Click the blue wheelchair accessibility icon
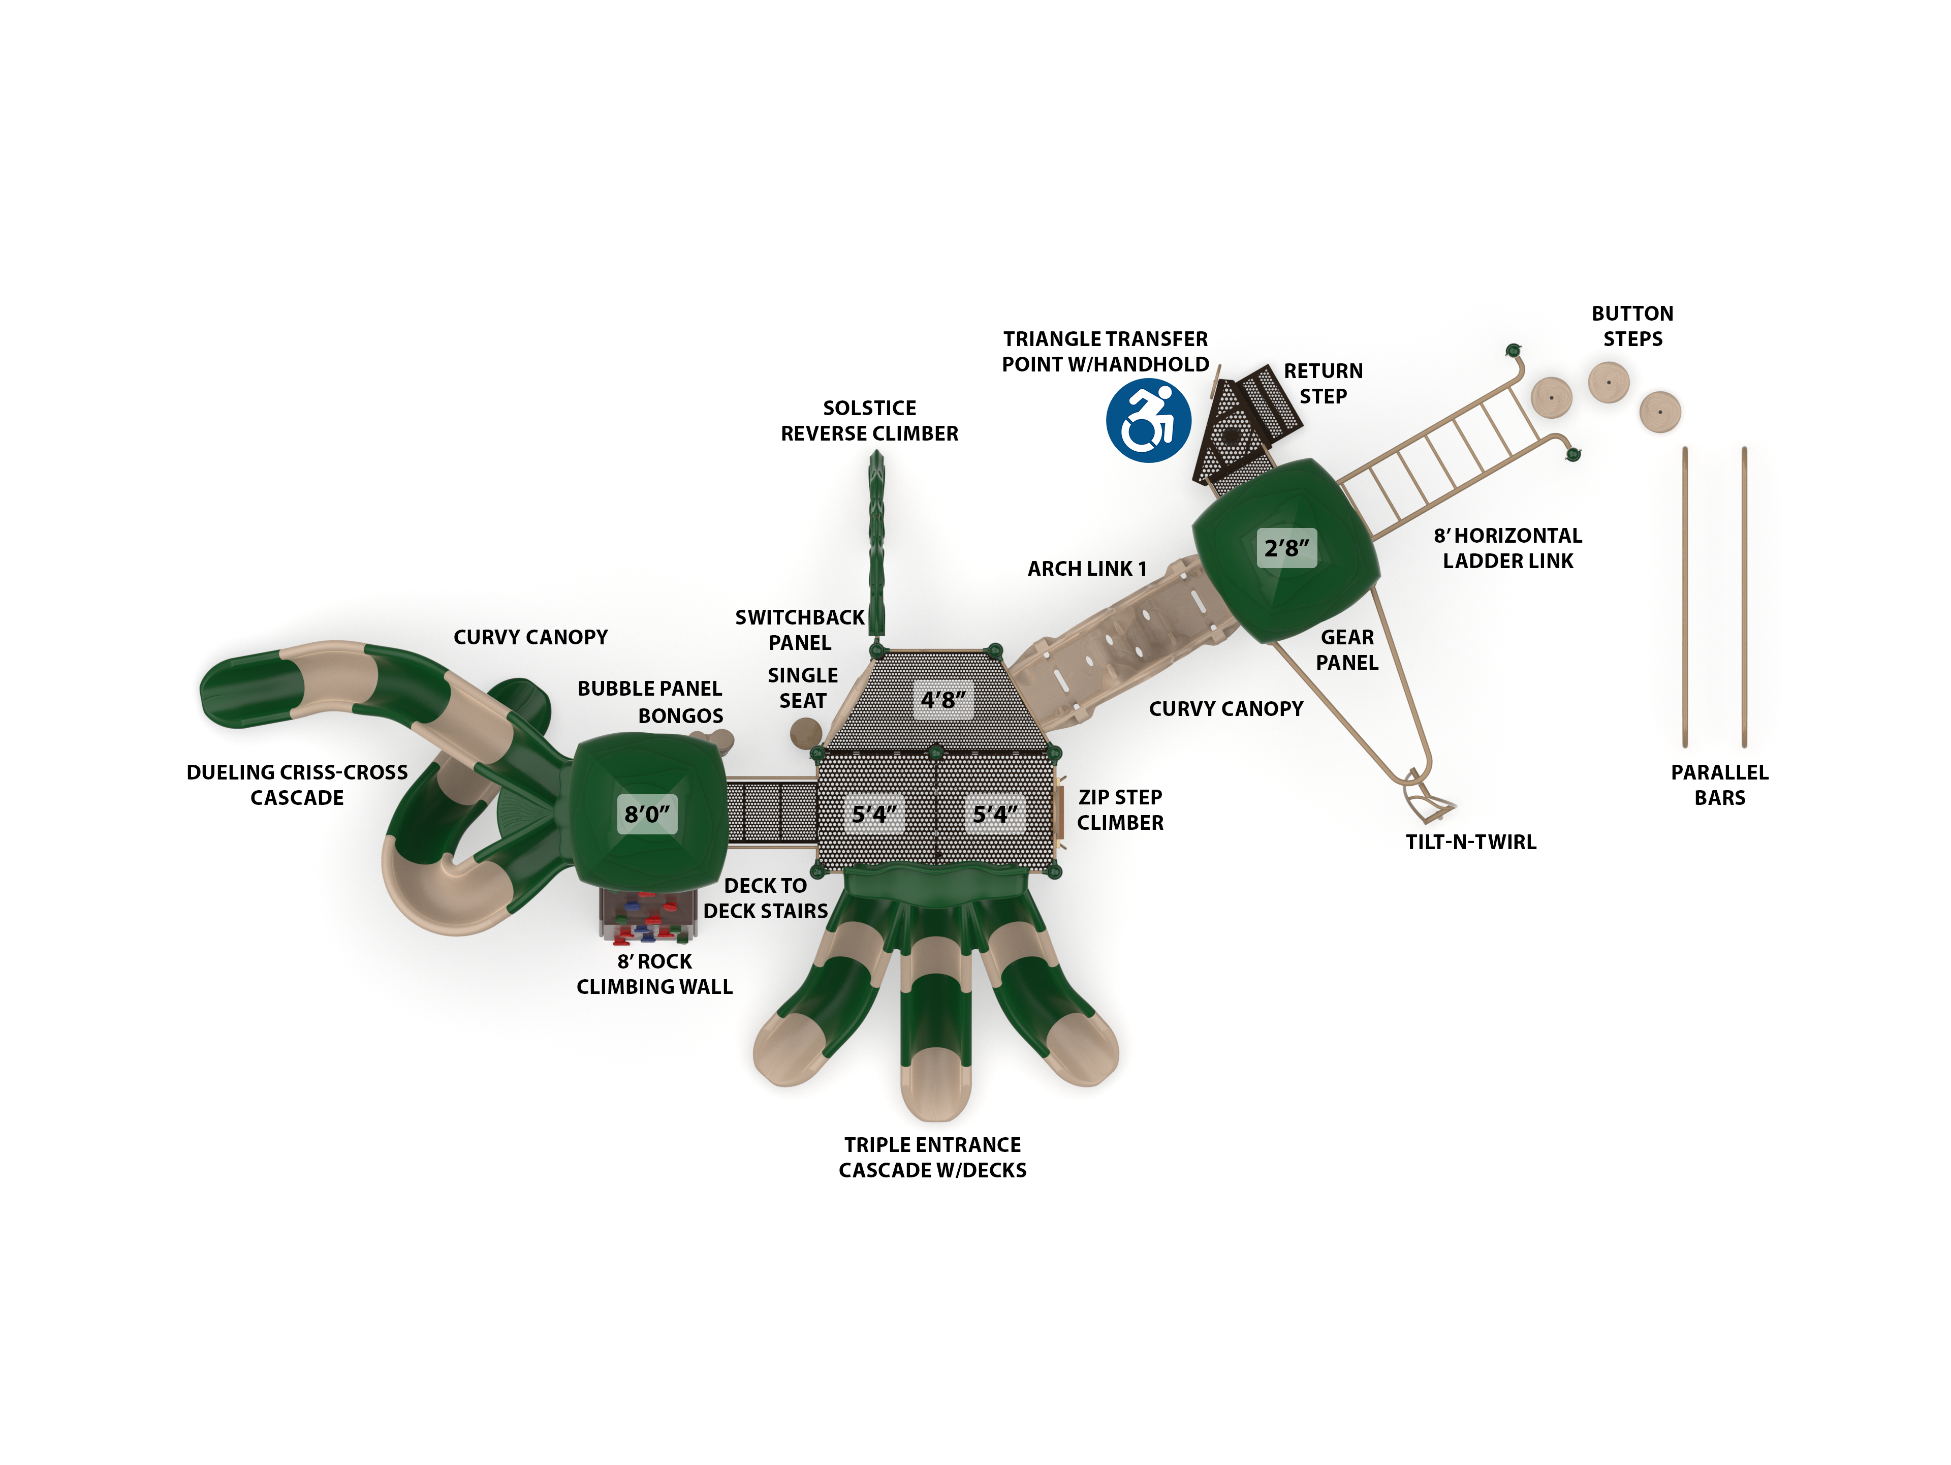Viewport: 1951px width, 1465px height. [1148, 421]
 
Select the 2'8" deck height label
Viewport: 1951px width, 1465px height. [1286, 548]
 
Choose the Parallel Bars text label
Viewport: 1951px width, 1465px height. [1719, 785]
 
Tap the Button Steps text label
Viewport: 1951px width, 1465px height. [1632, 326]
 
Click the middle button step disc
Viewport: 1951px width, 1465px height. [1608, 383]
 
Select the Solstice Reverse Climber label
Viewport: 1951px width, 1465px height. [869, 421]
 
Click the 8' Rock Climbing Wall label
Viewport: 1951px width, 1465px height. [654, 974]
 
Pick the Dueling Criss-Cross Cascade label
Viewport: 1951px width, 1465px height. [297, 785]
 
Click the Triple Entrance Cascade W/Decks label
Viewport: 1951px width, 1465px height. [932, 1157]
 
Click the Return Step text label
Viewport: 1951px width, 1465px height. [1323, 384]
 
